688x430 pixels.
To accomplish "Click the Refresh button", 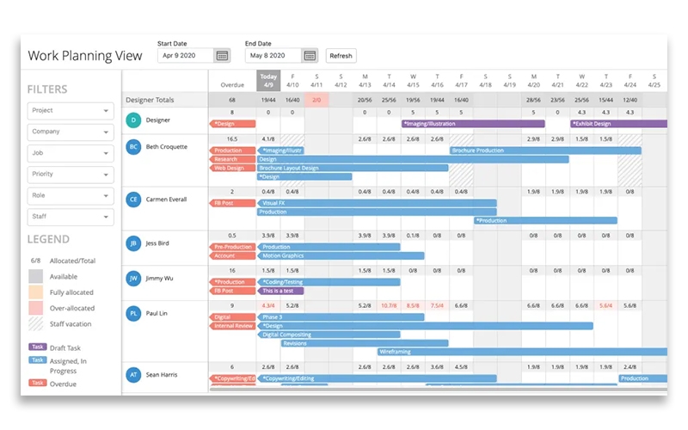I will pos(341,56).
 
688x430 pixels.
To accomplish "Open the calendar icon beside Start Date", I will pos(222,56).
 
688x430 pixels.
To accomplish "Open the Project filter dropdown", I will pos(71,111).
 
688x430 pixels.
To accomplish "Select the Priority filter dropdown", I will pos(71,175).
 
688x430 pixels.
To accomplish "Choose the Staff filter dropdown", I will pos(71,218).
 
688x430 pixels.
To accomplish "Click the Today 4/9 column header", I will pos(268,81).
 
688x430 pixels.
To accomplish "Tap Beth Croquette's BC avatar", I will pos(133,147).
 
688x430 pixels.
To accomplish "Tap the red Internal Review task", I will pos(232,326).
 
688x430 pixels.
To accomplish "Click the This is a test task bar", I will pos(280,291).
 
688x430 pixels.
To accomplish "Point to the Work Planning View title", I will pos(85,56).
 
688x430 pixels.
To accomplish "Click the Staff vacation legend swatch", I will pos(35,323).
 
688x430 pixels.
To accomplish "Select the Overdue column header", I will pos(232,84).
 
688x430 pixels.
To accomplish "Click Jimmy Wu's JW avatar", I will pos(133,279).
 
